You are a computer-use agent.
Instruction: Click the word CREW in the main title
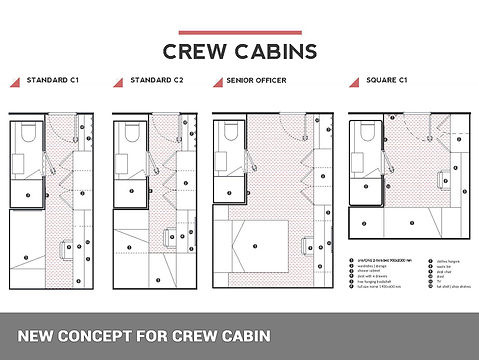195,50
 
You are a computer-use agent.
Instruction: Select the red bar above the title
239,33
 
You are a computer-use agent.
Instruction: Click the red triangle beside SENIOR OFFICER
219,79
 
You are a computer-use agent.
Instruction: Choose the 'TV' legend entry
441,281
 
